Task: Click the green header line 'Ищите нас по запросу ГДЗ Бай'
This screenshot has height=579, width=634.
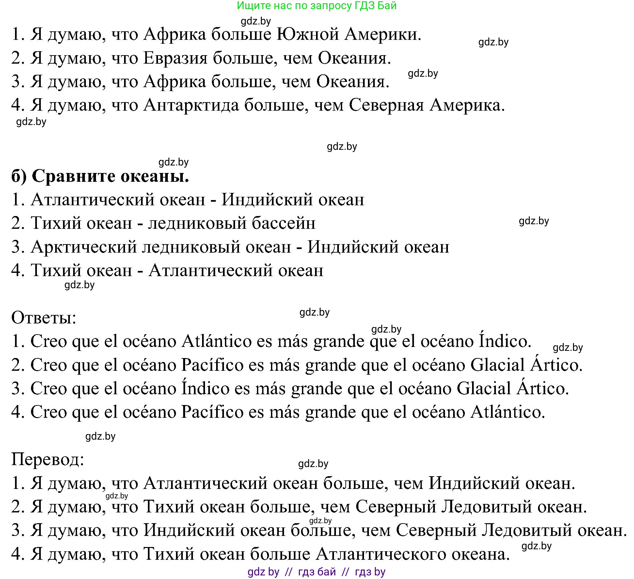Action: click(x=316, y=6)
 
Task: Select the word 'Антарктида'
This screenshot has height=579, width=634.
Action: click(x=191, y=105)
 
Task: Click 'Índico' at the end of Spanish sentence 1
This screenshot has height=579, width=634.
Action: click(x=505, y=341)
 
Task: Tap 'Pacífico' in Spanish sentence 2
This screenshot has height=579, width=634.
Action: click(x=212, y=365)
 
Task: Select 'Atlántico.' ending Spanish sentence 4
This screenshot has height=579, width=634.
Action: click(x=508, y=412)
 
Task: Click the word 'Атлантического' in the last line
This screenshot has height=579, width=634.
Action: click(x=381, y=554)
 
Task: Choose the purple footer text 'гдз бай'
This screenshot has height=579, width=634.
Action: click(x=317, y=571)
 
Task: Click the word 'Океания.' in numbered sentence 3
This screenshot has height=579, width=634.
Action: click(x=353, y=82)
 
